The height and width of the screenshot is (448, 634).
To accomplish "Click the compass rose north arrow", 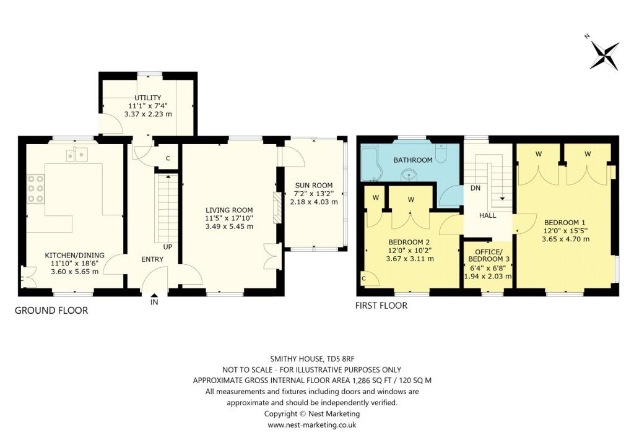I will [x=604, y=53].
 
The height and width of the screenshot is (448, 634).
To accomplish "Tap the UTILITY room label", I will [x=148, y=98].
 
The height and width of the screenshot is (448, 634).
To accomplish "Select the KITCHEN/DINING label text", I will [x=74, y=254].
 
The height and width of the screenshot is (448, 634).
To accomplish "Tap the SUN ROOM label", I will [x=314, y=185].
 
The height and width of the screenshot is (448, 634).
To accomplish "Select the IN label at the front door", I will [x=154, y=303].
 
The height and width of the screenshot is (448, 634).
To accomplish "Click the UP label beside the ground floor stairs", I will [x=168, y=246].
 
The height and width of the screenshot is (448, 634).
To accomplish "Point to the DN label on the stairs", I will [x=476, y=188].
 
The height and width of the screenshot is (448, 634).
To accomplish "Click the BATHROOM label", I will [x=413, y=160].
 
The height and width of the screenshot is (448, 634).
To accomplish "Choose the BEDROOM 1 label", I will [x=565, y=223].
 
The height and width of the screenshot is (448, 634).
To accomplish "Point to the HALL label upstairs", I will [x=487, y=215].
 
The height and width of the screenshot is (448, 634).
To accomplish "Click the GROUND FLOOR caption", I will [x=51, y=310].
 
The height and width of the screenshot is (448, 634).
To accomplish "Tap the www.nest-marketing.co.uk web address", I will [x=312, y=425].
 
